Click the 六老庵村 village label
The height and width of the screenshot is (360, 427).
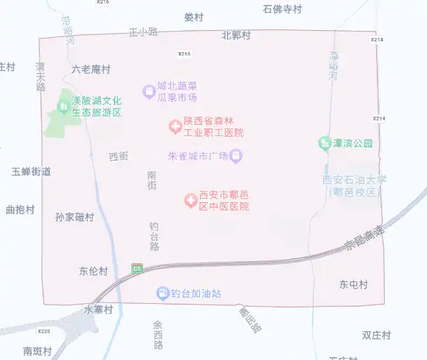point(91,69)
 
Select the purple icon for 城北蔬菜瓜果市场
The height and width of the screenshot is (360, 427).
point(148,91)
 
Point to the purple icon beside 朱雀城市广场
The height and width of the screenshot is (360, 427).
point(237,156)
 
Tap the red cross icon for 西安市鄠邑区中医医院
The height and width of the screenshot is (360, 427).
point(190,201)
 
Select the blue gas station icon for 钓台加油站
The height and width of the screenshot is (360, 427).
point(162,293)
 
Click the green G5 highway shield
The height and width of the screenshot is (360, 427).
point(137,268)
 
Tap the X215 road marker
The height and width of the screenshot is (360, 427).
point(184,53)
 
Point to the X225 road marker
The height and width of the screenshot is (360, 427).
point(44,331)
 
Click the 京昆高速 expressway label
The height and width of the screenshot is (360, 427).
point(365,239)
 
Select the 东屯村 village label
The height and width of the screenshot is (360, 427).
point(353,284)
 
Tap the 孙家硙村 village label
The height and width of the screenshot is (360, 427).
point(74,217)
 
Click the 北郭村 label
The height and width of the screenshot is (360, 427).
point(236,35)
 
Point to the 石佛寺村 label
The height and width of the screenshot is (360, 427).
point(282,9)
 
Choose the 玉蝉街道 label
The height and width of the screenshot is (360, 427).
point(31,171)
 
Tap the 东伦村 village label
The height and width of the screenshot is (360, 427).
point(93,271)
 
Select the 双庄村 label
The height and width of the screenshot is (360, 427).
point(376,335)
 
